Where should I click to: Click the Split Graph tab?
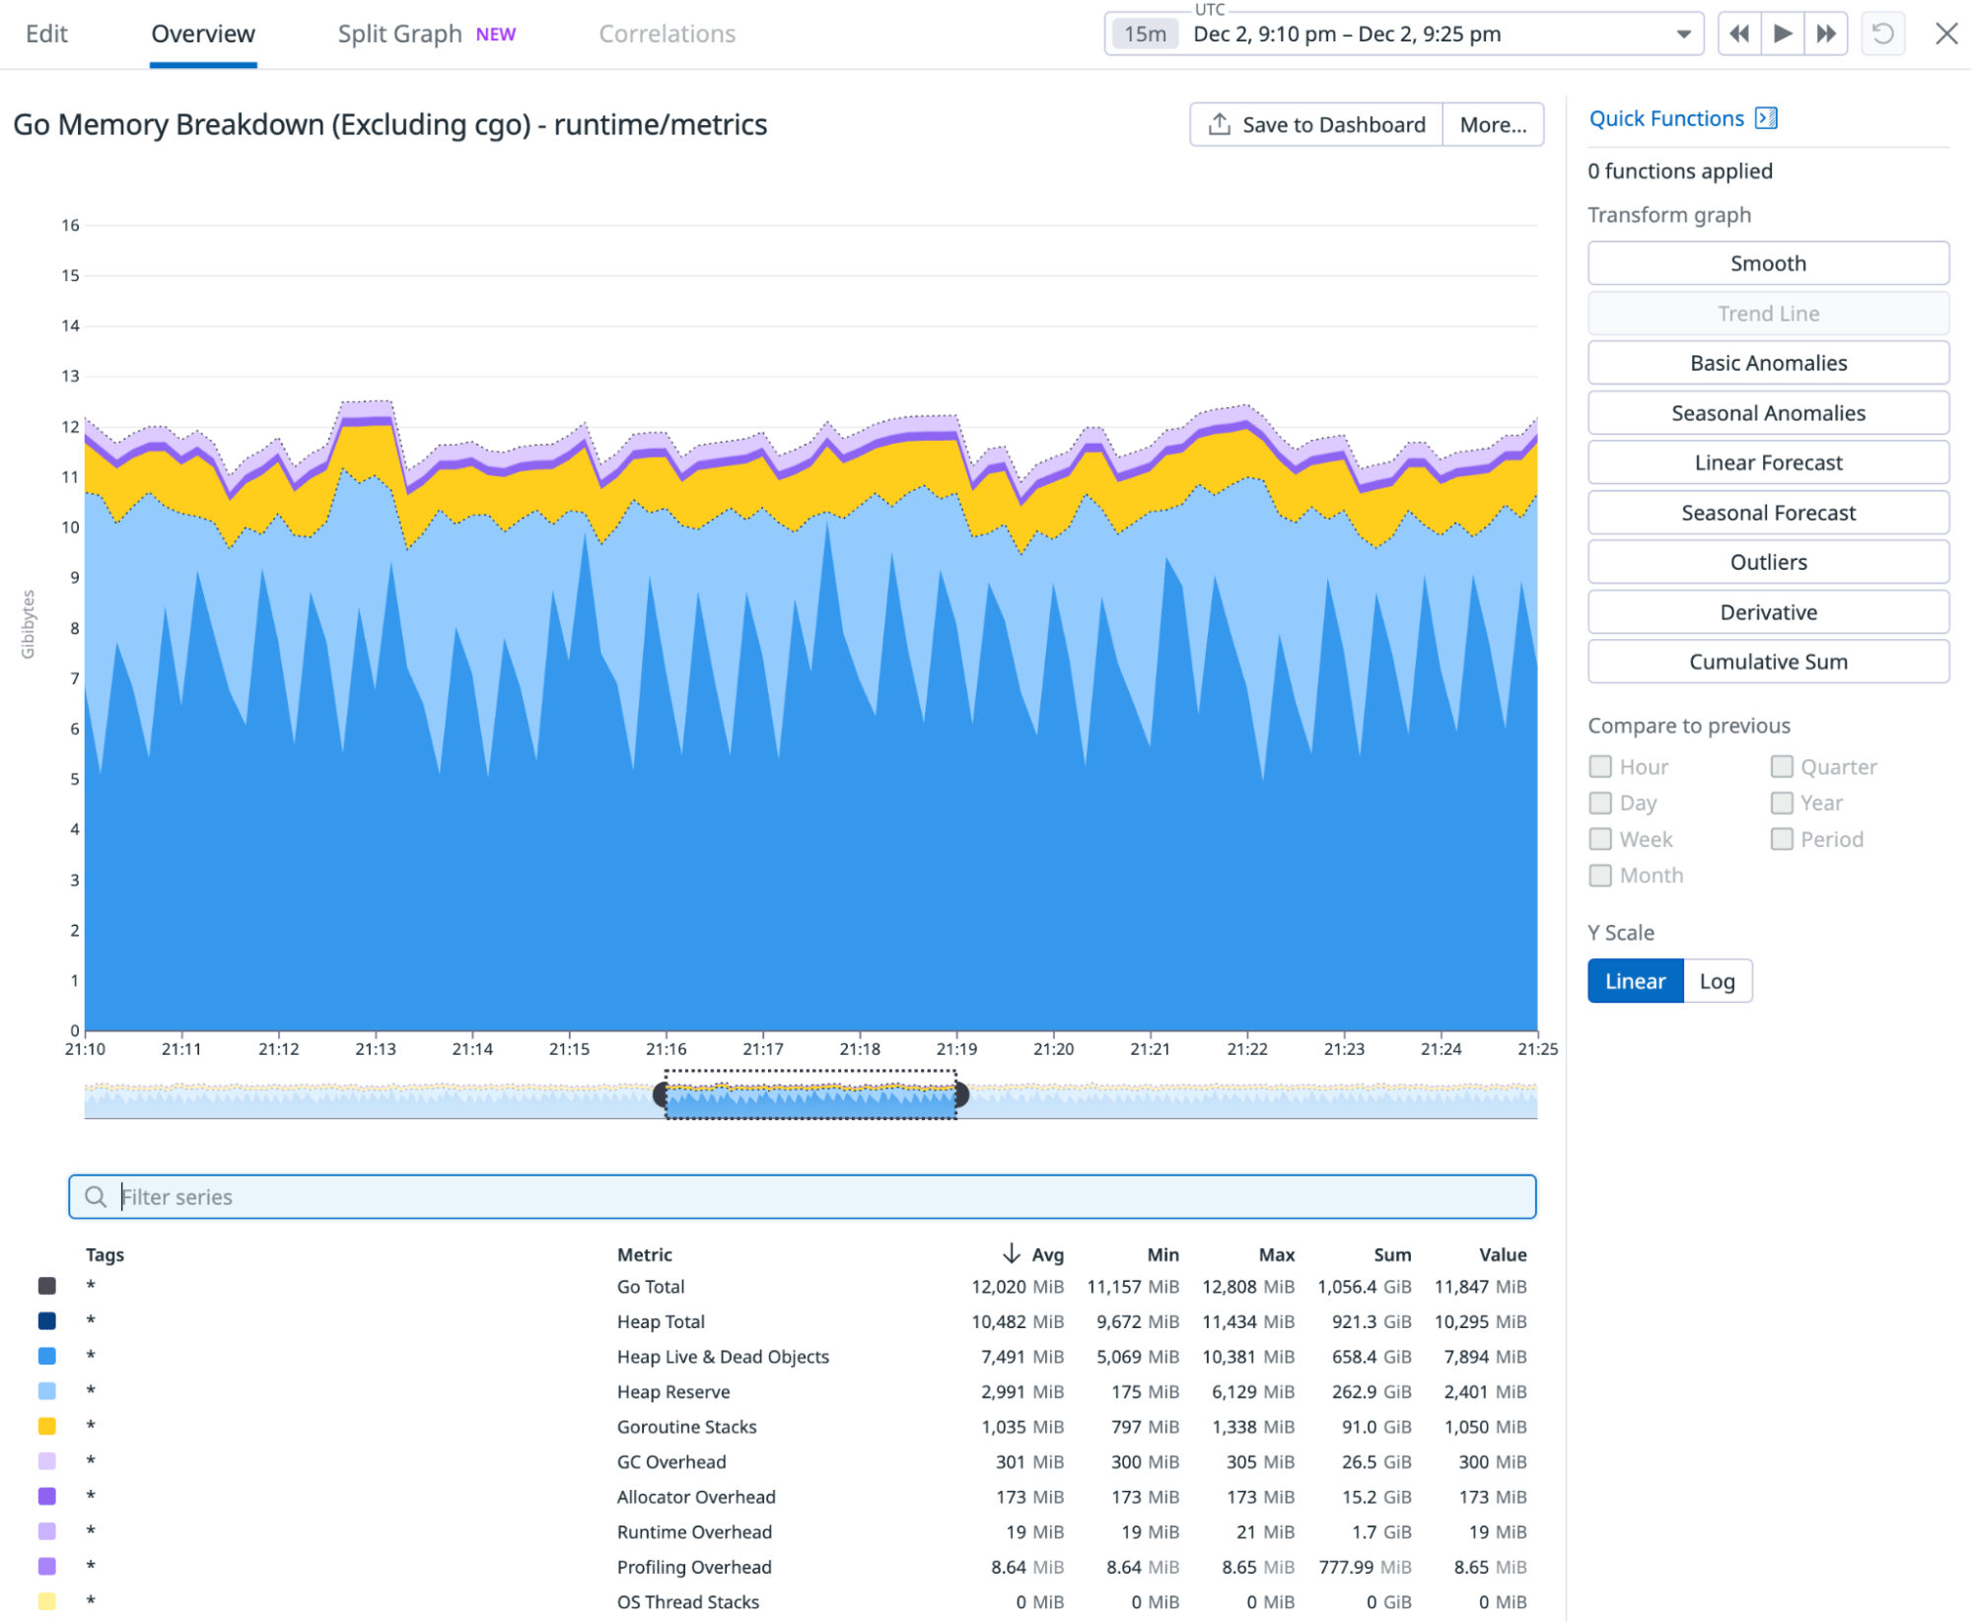(399, 35)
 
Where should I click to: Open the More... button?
(1492, 125)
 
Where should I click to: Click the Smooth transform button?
(1767, 263)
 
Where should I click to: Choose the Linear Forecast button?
(1767, 462)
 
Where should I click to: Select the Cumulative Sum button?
(1767, 662)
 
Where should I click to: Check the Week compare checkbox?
(1600, 839)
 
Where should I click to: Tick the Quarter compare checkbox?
(1781, 767)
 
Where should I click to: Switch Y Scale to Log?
(1716, 981)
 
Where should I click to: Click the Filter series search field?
(801, 1197)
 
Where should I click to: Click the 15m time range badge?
(1145, 35)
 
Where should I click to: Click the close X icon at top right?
(1945, 35)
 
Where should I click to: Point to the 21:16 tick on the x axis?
(666, 1049)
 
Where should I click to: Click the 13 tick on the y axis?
(70, 376)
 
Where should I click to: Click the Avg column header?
(1046, 1255)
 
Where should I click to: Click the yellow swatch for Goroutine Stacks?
(46, 1427)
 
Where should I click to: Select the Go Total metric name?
(650, 1287)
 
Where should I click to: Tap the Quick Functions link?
(1665, 119)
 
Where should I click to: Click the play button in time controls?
(1782, 35)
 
